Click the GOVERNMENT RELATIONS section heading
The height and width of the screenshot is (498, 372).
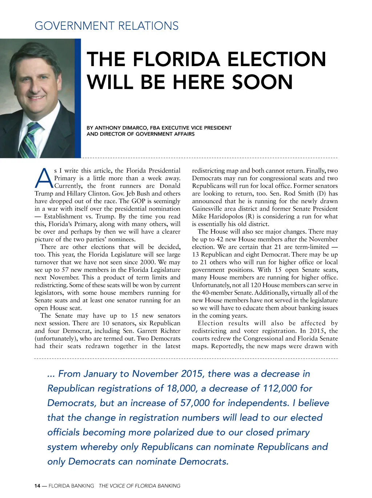click(106, 26)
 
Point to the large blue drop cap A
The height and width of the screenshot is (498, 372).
click(44, 178)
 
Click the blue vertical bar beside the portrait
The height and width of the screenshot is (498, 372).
click(78, 98)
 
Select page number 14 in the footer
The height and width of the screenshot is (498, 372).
click(37, 486)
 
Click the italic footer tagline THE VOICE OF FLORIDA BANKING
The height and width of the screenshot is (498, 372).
click(139, 486)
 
